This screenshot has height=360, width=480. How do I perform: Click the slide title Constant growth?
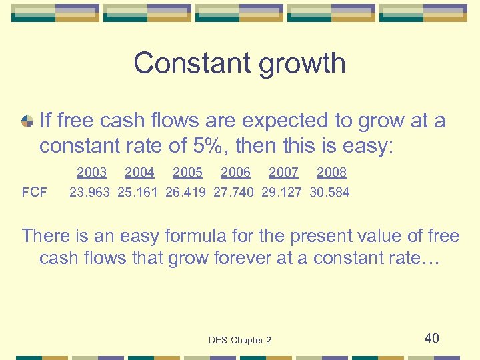[x=239, y=64]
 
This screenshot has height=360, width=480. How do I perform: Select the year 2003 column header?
[x=91, y=173]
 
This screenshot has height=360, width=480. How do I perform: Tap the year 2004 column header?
[x=139, y=173]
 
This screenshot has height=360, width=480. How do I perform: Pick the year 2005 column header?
[x=187, y=173]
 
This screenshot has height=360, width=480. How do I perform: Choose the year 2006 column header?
[x=235, y=173]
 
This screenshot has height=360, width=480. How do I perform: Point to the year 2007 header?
[x=283, y=173]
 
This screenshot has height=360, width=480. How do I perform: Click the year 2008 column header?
[x=331, y=173]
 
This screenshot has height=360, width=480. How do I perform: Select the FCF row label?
[x=34, y=193]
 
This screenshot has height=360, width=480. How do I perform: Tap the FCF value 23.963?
[x=90, y=193]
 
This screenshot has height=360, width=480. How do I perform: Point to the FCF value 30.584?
[x=329, y=193]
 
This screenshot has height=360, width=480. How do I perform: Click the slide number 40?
[x=432, y=339]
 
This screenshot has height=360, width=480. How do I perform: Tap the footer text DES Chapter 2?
[x=239, y=341]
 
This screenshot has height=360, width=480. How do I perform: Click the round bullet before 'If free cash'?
[x=27, y=121]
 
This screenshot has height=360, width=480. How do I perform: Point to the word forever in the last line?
[x=245, y=258]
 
